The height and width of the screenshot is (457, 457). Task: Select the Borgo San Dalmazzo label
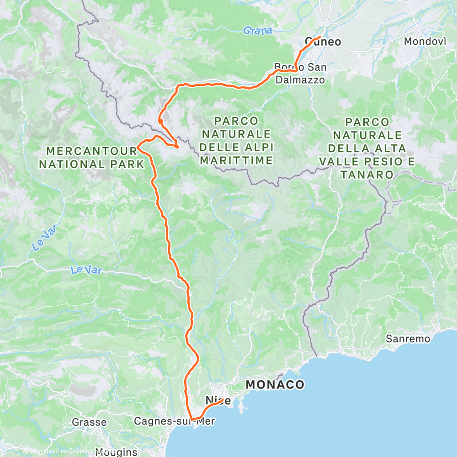pyautogui.click(x=300, y=74)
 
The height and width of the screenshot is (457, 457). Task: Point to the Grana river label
pyautogui.click(x=257, y=31)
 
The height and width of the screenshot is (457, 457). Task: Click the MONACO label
pyautogui.click(x=275, y=385)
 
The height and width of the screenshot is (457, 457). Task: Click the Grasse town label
pyautogui.click(x=89, y=422)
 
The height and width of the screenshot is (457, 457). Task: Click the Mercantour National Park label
pyautogui.click(x=91, y=157)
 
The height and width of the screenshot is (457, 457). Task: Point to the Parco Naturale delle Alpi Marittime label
pyautogui.click(x=236, y=141)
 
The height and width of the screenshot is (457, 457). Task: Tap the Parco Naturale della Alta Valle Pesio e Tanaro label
pyautogui.click(x=367, y=148)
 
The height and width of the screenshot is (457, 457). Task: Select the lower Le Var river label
pyautogui.click(x=86, y=271)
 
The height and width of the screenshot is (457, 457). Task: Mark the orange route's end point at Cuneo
pyautogui.click(x=319, y=37)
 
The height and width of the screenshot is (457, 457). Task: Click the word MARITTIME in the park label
pyautogui.click(x=236, y=160)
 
